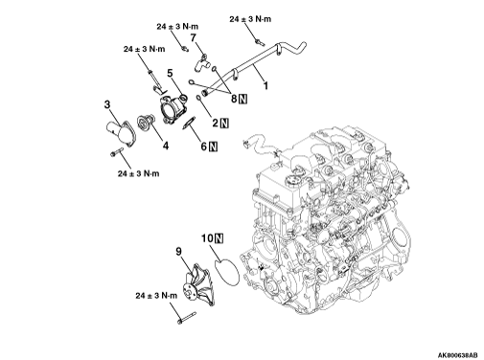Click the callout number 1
pos(265,85)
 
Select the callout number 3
pos(107,104)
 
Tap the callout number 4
pos(166,146)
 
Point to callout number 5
pos(170,73)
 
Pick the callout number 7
pos(193,38)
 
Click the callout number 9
pos(178,251)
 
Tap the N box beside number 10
pos(219,238)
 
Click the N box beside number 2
pos(225,123)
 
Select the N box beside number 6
pos(213,146)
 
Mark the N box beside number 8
pos(243,99)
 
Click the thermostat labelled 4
pos(146,123)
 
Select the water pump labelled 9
pos(197,284)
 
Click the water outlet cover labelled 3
pos(122,133)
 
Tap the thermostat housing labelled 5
pos(173,108)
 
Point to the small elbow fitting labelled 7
pos(201,63)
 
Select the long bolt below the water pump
pos(186,318)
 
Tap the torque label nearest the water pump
pos(156,296)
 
